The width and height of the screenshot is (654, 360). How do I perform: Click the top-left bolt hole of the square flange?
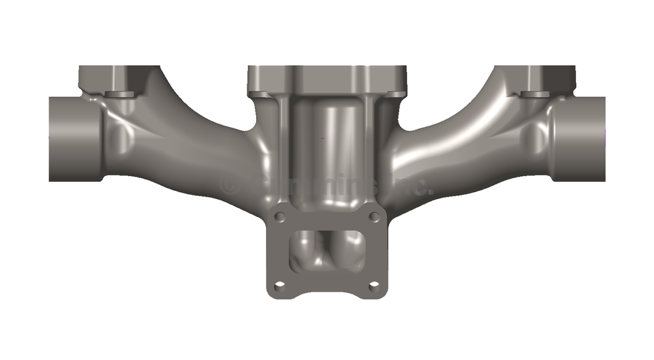[279, 217]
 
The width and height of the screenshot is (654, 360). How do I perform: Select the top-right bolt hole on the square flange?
[374, 217]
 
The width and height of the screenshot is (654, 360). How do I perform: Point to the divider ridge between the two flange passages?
[328, 246]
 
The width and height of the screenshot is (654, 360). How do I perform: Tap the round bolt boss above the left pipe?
[118, 95]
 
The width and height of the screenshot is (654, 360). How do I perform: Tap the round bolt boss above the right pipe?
[535, 95]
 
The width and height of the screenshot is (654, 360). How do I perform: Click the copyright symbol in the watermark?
[229, 186]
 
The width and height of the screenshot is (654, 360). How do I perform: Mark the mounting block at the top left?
[105, 78]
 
